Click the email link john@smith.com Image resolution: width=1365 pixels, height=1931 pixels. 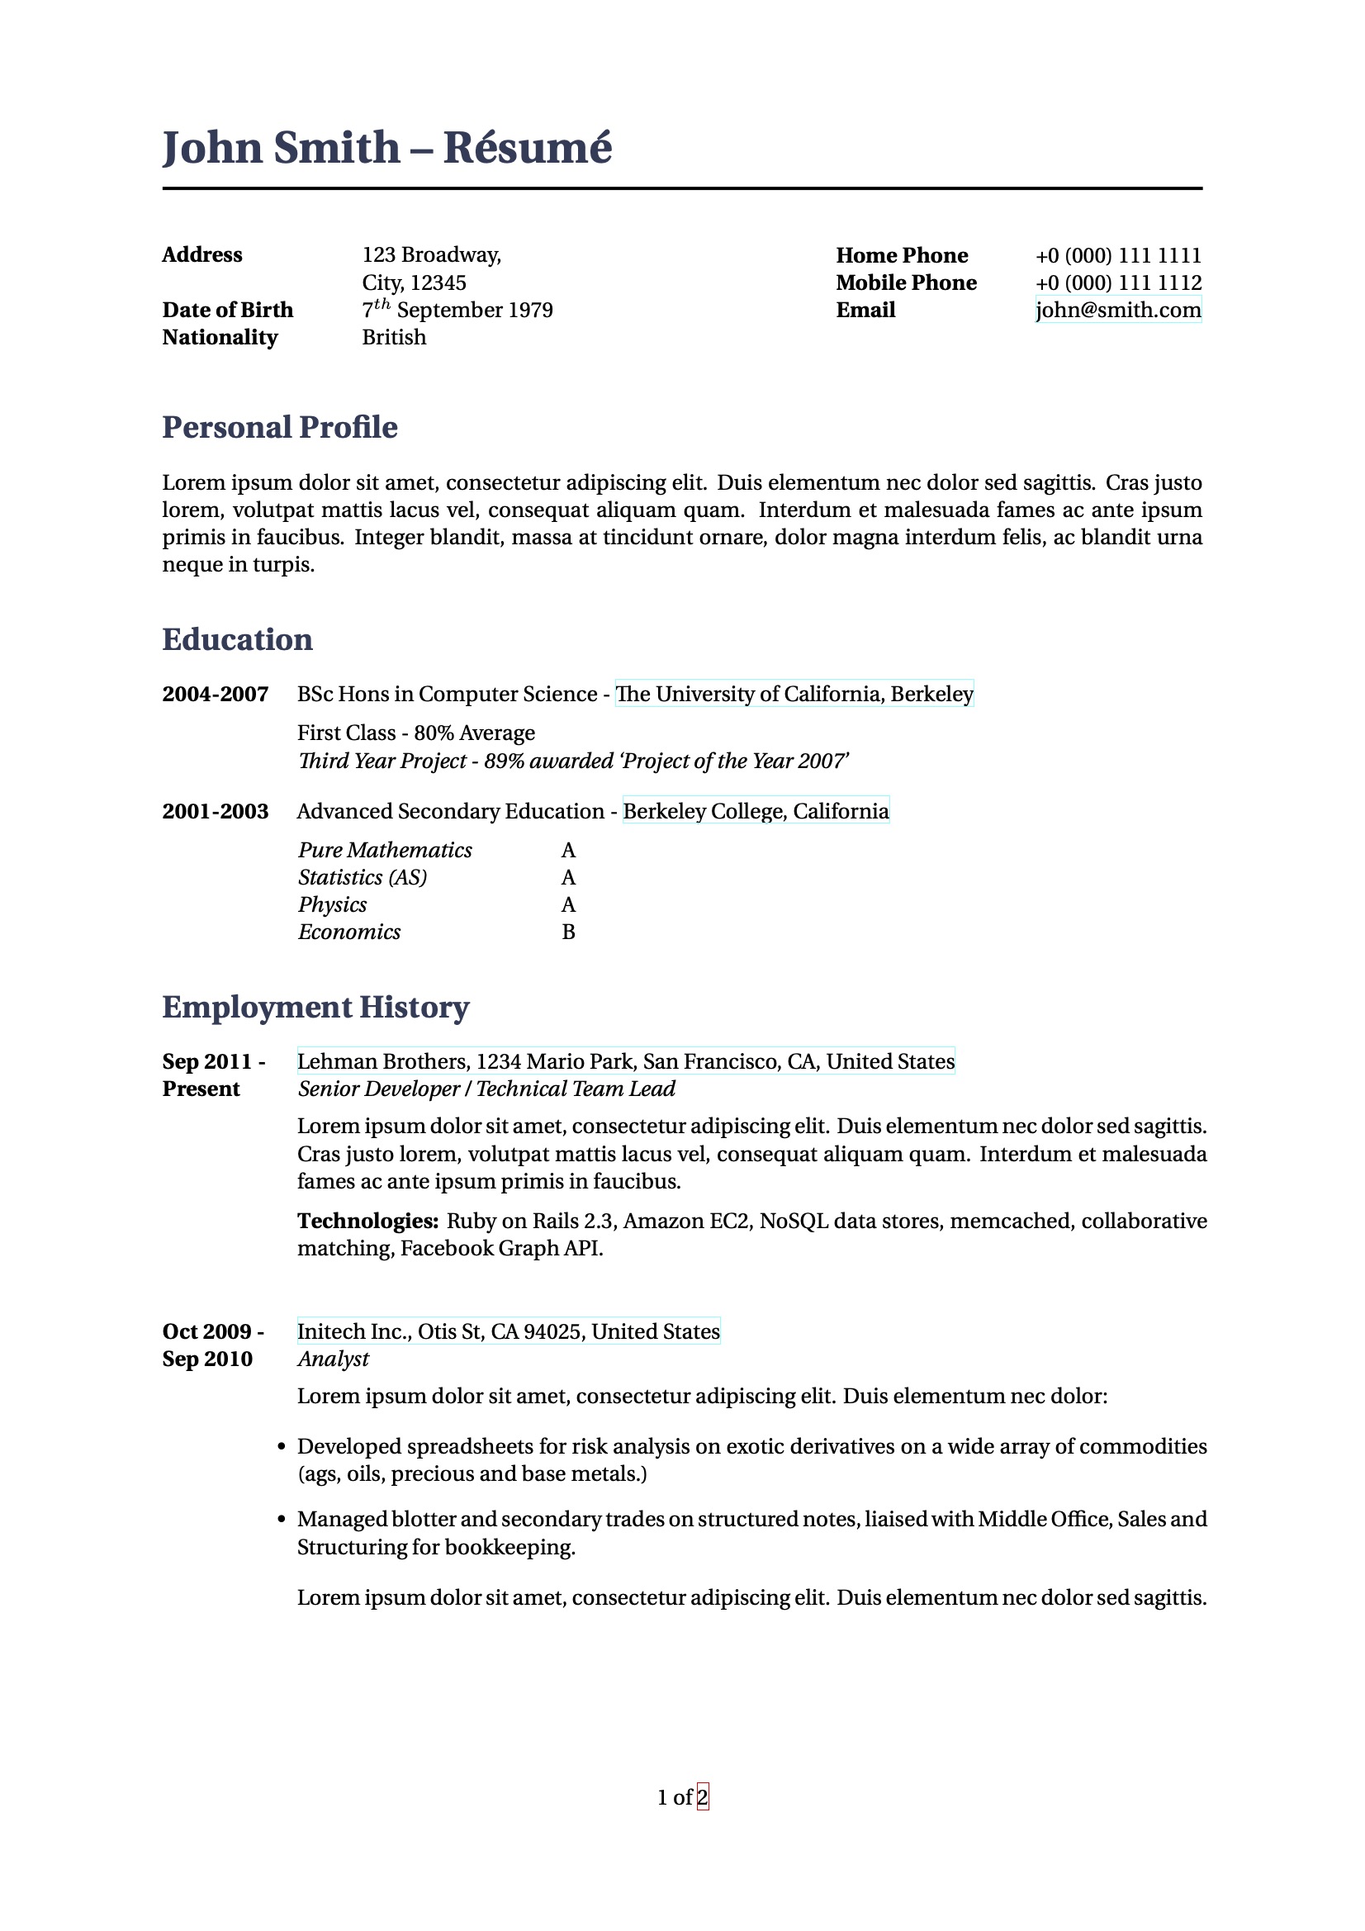click(x=1118, y=311)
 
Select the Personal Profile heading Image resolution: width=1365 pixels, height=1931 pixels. click(x=279, y=427)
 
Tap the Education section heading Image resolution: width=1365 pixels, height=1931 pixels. click(x=237, y=640)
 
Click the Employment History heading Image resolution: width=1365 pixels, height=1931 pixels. click(x=315, y=1008)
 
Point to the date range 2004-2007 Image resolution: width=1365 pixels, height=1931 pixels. click(x=216, y=695)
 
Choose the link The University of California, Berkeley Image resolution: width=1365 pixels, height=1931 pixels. click(x=794, y=695)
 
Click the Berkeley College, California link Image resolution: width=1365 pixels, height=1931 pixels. click(x=756, y=812)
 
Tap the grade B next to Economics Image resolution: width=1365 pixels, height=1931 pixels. click(x=568, y=932)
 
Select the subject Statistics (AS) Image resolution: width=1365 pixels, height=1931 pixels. click(x=363, y=878)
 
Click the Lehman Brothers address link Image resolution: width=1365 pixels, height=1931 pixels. click(x=626, y=1062)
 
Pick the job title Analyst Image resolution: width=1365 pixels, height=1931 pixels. click(x=333, y=1359)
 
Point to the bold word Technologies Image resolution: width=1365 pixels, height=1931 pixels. click(x=367, y=1222)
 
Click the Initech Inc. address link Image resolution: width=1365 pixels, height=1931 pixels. click(x=508, y=1332)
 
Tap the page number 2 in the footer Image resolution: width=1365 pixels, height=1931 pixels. click(x=703, y=1798)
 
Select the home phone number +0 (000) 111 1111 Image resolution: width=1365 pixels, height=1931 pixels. click(x=1118, y=256)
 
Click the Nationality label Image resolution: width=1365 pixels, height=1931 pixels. click(x=220, y=338)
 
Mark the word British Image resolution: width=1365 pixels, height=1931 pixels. click(x=394, y=338)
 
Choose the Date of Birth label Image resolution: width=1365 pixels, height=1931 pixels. click(x=227, y=311)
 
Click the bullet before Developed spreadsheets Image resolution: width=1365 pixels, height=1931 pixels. click(x=282, y=1447)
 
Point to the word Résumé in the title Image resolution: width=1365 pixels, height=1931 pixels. click(x=528, y=148)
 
